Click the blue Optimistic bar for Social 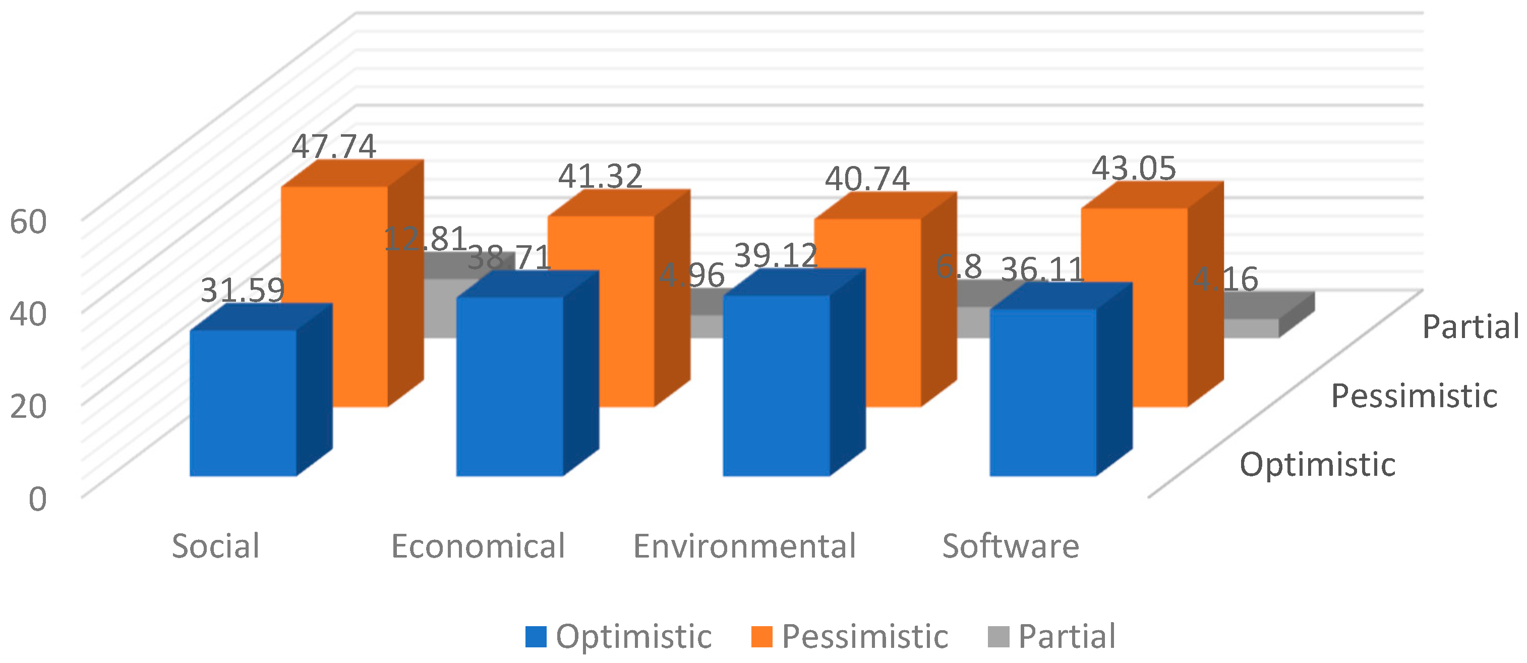tap(243, 403)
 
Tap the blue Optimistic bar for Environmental tap(777, 385)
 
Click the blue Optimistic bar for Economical tap(510, 385)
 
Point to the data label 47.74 tap(334, 146)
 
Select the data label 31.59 tap(243, 291)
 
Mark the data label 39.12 tap(776, 256)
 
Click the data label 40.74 tap(867, 179)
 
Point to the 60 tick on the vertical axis tap(28, 223)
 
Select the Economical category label tap(478, 546)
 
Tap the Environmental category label tap(744, 546)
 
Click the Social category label tap(216, 546)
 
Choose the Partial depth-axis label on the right tap(1470, 327)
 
